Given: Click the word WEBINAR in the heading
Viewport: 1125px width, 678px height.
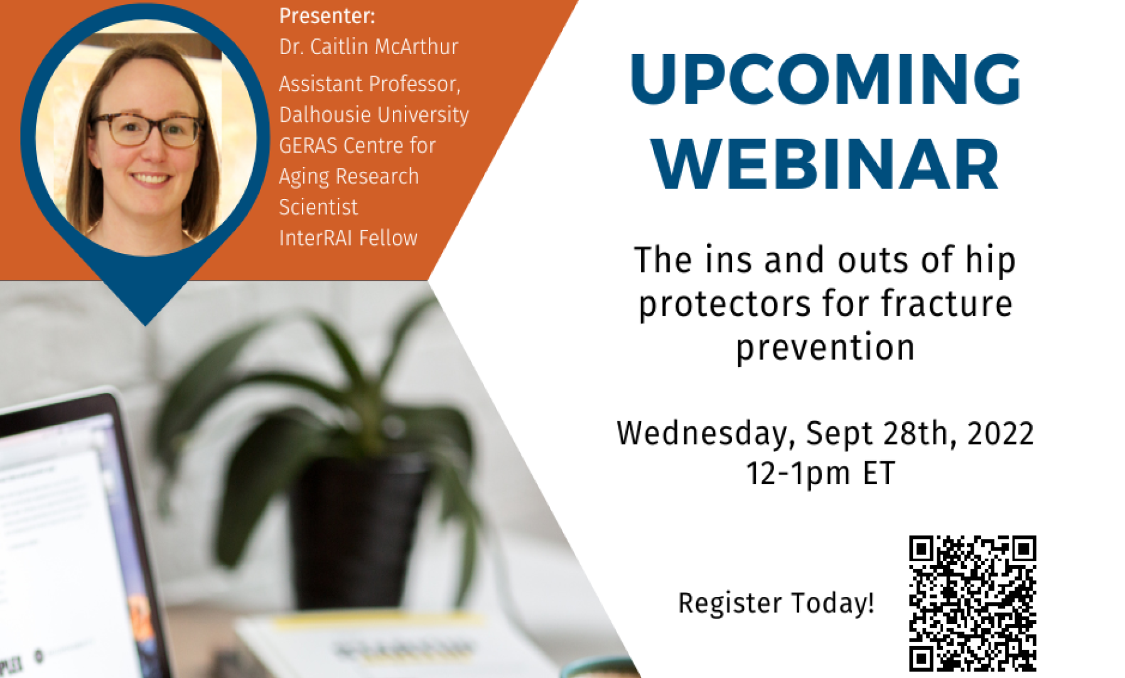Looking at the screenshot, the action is pos(825,164).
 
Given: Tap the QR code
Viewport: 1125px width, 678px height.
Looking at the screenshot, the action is pos(972,603).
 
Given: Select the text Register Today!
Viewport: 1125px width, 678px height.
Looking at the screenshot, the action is pos(776,603).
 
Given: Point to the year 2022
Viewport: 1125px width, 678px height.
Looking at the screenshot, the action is pos(1001,433).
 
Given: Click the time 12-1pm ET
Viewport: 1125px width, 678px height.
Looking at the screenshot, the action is pos(821,473).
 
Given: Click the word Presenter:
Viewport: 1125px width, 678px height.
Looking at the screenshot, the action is pos(327,16).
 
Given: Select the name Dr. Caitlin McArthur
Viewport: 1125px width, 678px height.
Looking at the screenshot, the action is pos(369,46).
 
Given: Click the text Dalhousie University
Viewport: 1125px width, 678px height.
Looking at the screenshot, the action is pos(374,116).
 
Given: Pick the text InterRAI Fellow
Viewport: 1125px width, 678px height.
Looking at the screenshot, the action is pos(348,238).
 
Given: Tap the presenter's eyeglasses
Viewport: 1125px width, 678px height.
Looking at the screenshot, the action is pos(147,129).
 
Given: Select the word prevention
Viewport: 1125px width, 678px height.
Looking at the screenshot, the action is pos(826,348).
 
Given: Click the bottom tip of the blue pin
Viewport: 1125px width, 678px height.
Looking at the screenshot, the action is pos(146,325).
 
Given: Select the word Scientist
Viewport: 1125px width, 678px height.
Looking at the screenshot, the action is pos(318,207).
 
